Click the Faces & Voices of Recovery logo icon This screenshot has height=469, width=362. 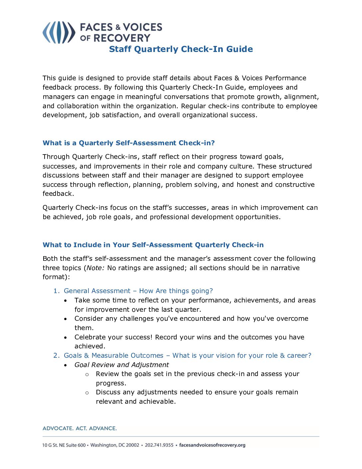pyautogui.click(x=59, y=32)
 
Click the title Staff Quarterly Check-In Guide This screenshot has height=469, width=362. pyautogui.click(x=181, y=49)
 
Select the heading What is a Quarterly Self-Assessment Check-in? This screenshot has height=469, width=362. pyautogui.click(x=128, y=143)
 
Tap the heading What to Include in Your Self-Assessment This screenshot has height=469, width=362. pyautogui.click(x=153, y=245)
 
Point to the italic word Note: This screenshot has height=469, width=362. pyautogui.click(x=95, y=268)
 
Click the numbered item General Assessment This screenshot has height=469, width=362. pyautogui.click(x=138, y=291)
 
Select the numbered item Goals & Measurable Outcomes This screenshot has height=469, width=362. pyautogui.click(x=187, y=355)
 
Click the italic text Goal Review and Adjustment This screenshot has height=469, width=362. pyautogui.click(x=121, y=365)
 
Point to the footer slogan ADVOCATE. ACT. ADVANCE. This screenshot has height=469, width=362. pyautogui.click(x=80, y=428)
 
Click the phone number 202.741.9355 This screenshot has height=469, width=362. pyautogui.click(x=159, y=445)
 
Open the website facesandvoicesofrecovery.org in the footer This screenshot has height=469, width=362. pyautogui.click(x=212, y=445)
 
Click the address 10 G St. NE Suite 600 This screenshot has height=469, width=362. pyautogui.click(x=64, y=445)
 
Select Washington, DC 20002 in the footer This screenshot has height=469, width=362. pyautogui.click(x=115, y=445)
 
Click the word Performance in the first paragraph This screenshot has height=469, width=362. pyautogui.click(x=285, y=78)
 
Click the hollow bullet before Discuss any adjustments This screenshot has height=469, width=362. pyautogui.click(x=87, y=393)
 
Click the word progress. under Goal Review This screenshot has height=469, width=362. pyautogui.click(x=111, y=383)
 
